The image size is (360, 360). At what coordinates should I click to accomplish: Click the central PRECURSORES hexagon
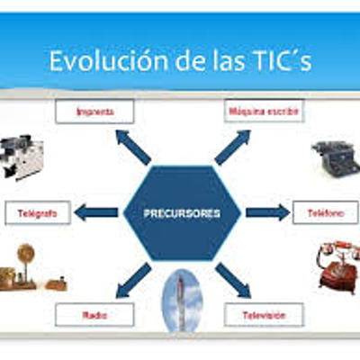(183, 213)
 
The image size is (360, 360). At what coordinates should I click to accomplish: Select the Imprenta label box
(94, 112)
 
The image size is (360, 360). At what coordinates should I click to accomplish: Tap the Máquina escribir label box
(263, 112)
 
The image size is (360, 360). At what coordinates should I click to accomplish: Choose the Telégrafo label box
(39, 213)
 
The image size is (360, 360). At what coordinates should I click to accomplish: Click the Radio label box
(94, 315)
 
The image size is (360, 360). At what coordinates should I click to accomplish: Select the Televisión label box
(263, 315)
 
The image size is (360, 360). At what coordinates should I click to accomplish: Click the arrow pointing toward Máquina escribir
(233, 146)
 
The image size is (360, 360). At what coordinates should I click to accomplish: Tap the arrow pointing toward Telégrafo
(95, 213)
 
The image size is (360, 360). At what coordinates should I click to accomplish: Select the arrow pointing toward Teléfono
(267, 213)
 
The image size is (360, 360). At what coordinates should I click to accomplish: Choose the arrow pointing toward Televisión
(233, 280)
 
